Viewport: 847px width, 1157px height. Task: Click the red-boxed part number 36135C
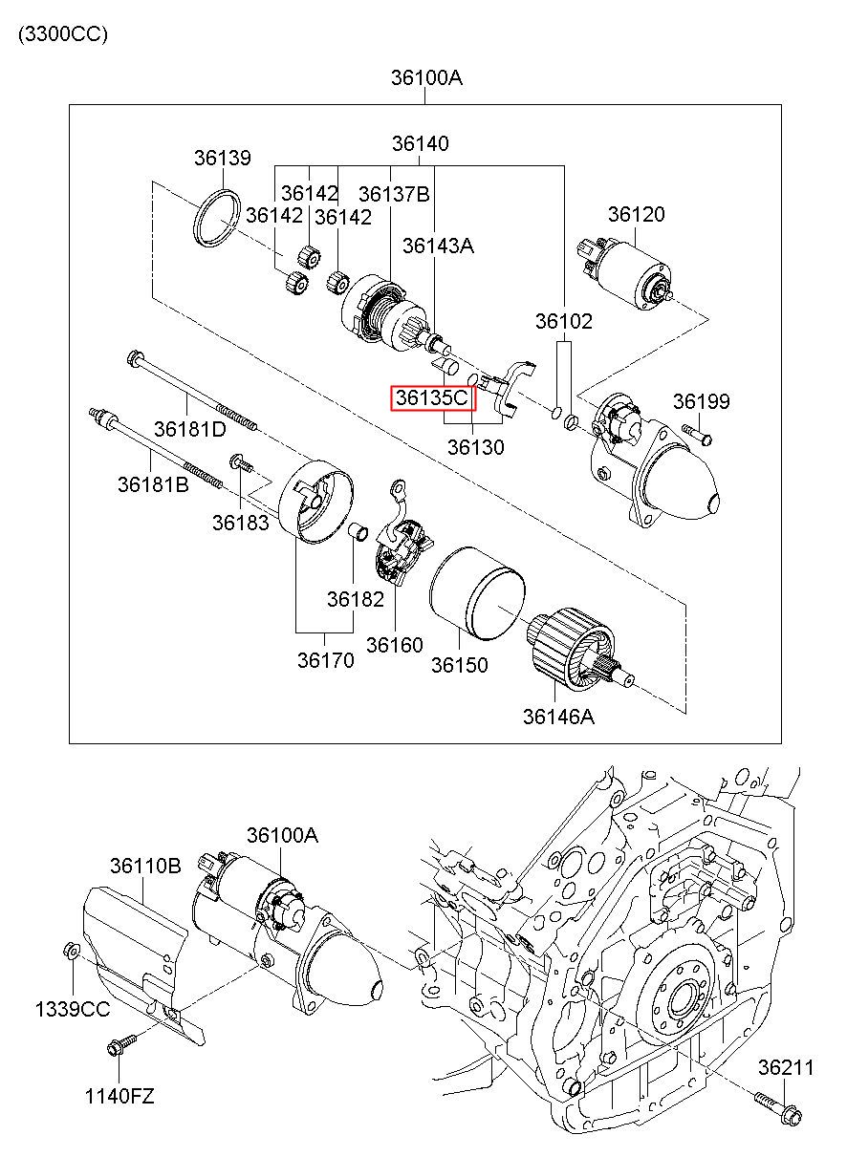432,397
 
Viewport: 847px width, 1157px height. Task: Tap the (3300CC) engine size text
62,34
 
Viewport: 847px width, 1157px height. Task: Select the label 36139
222,158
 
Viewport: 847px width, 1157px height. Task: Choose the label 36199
701,401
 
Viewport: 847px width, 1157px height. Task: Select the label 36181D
191,429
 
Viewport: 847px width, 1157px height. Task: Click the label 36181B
153,484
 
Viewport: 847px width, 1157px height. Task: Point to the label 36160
394,645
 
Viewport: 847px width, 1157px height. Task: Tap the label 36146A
558,715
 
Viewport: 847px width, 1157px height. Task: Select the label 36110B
144,867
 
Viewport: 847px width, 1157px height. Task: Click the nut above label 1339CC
72,951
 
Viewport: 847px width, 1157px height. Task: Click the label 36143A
438,246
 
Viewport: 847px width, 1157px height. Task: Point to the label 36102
563,321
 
